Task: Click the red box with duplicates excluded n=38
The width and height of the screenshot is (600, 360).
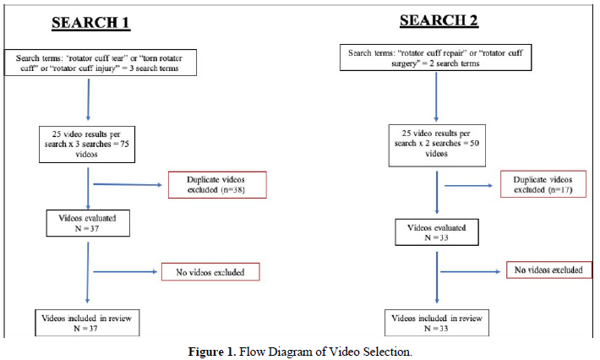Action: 217,186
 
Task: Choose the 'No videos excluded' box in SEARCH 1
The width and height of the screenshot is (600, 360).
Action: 210,272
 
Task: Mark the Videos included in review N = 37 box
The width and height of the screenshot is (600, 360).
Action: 89,323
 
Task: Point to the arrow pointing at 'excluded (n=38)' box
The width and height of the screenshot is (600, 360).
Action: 127,184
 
